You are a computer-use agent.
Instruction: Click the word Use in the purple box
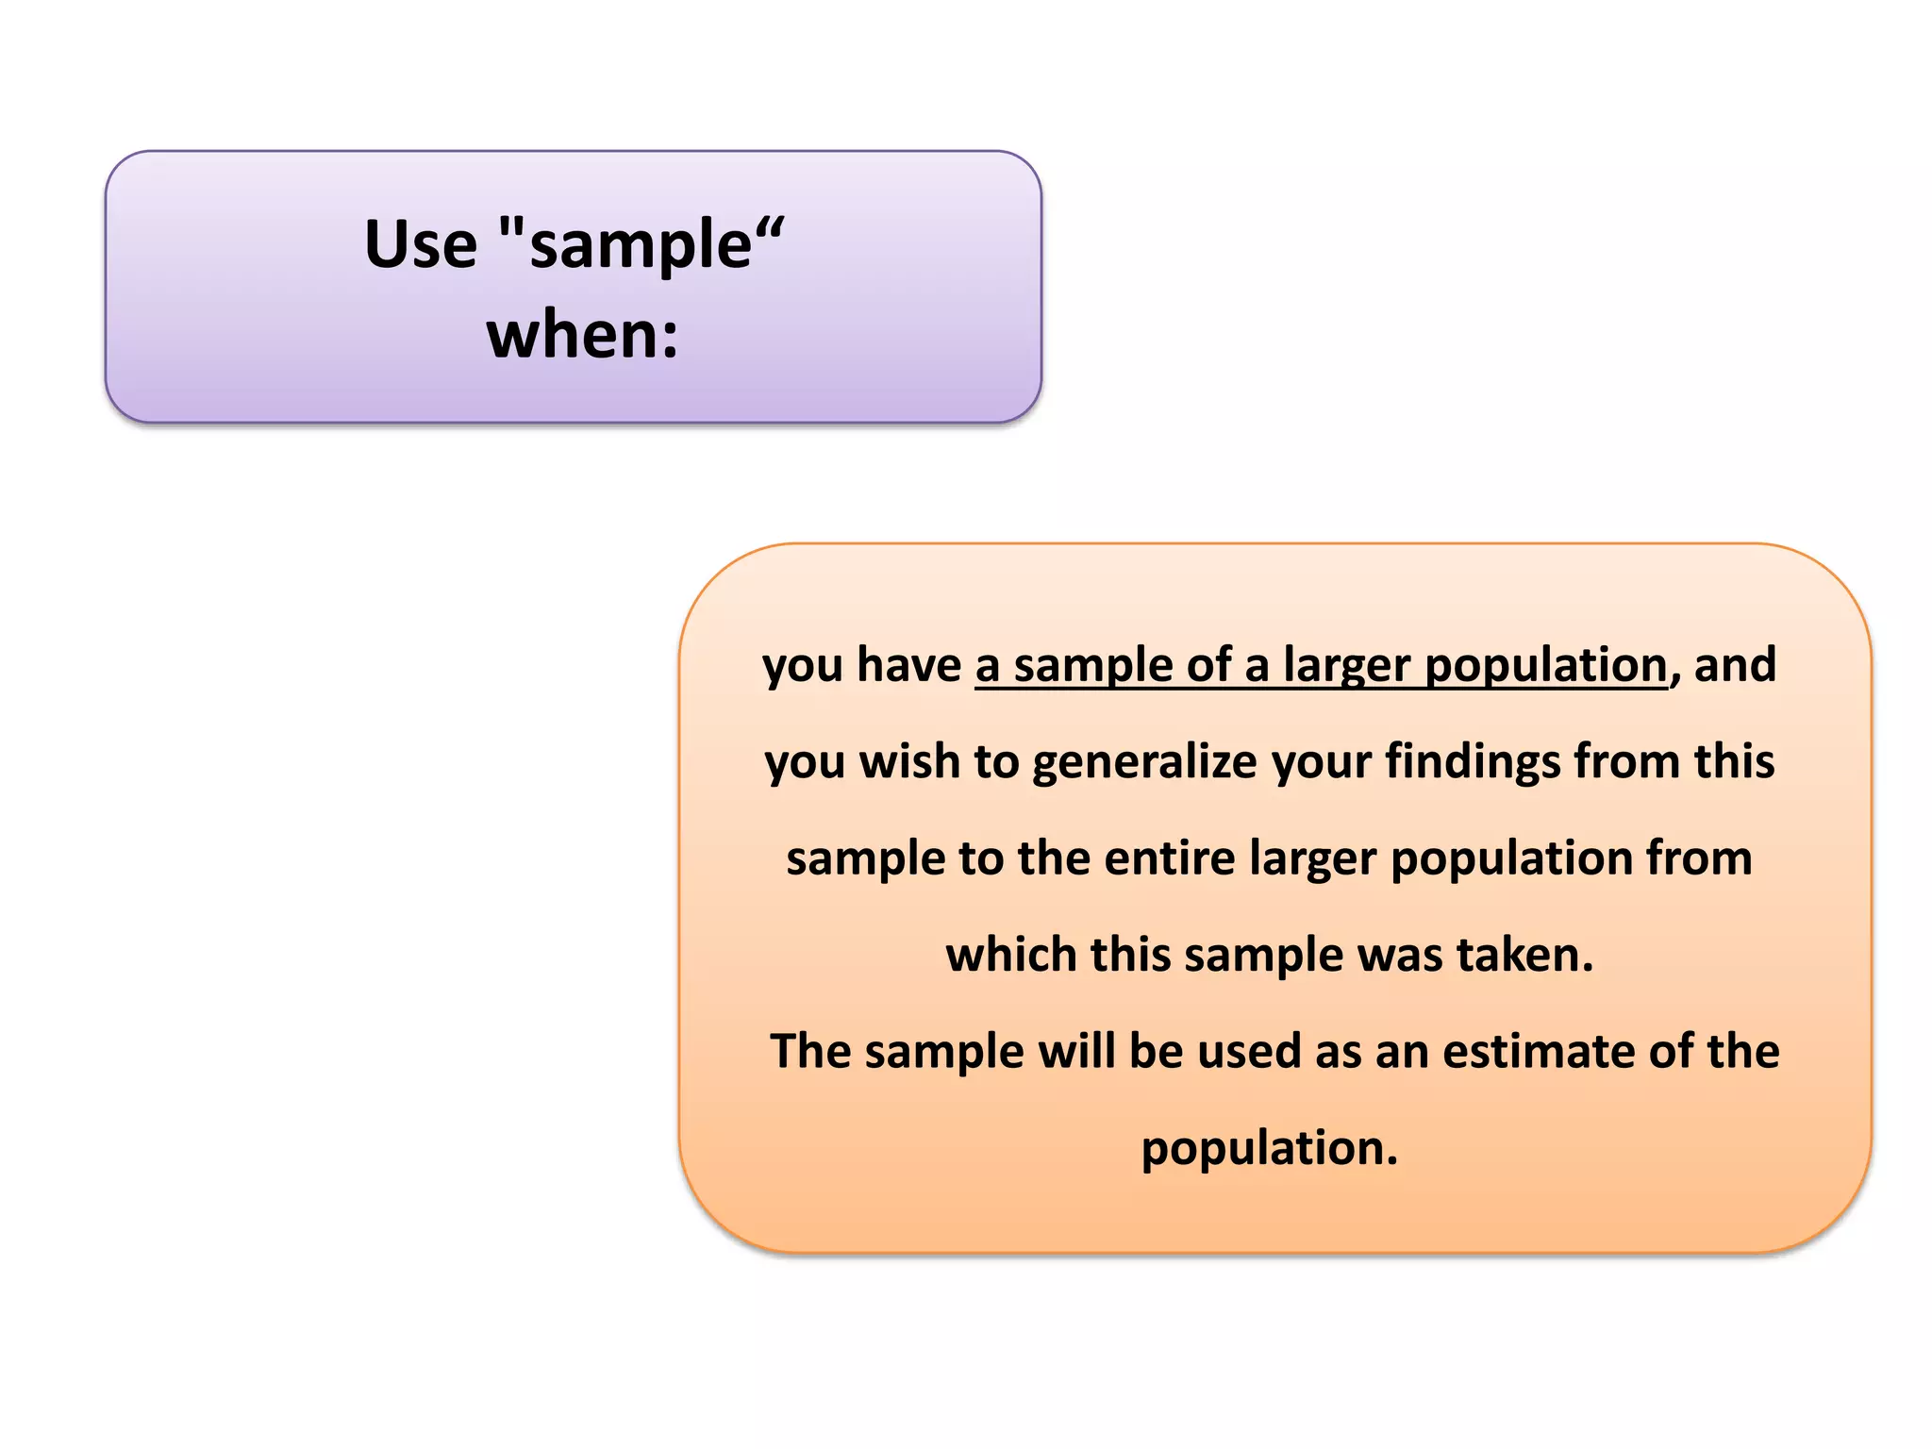click(421, 245)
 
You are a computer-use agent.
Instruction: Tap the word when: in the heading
click(582, 336)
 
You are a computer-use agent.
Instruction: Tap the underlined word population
click(1545, 666)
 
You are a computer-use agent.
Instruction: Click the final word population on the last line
click(1269, 1149)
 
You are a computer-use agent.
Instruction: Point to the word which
click(1011, 955)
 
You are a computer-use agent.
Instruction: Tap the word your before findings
click(1321, 762)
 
